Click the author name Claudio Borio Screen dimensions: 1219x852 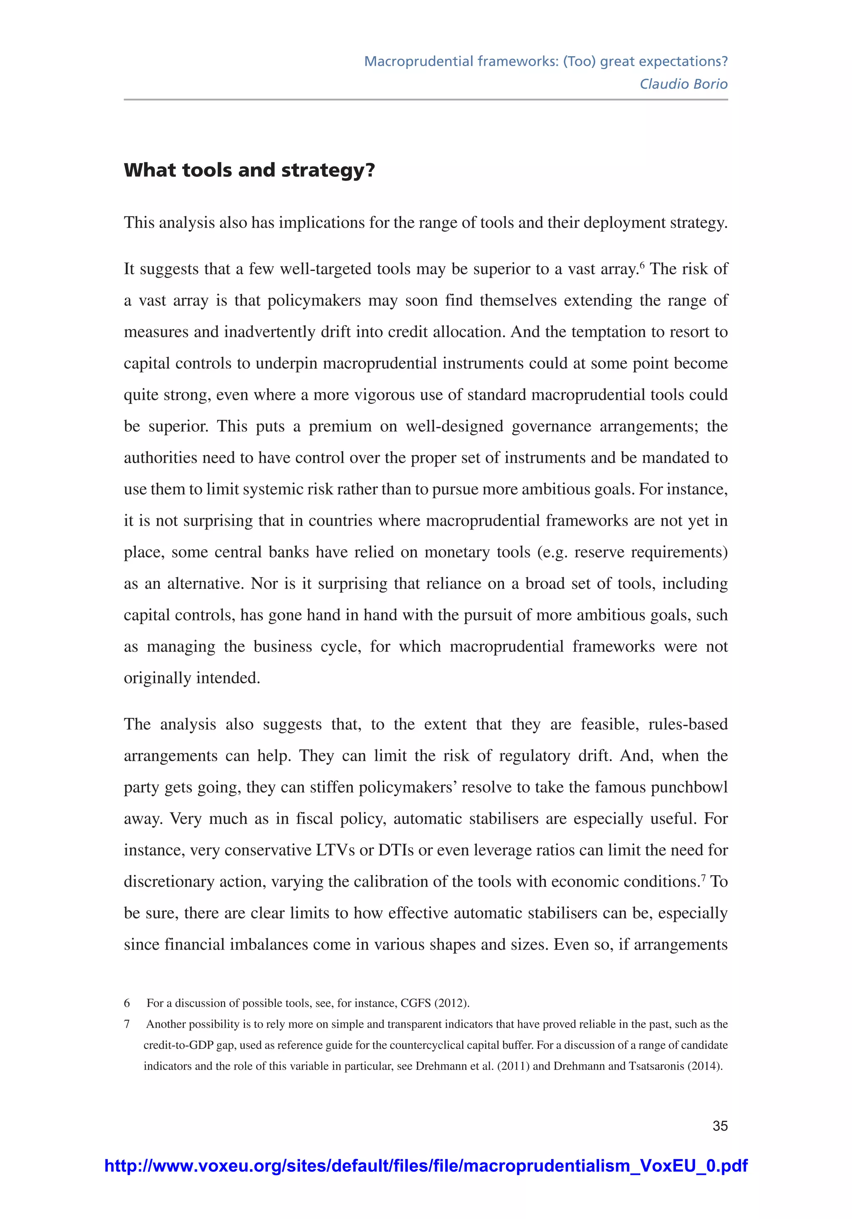pyautogui.click(x=683, y=84)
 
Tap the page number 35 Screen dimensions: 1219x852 pyautogui.click(x=720, y=1125)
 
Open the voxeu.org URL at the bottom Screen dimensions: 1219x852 pyautogui.click(x=426, y=1166)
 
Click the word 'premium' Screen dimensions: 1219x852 pyautogui.click(x=340, y=426)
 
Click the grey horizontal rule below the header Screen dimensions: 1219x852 pyautogui.click(x=426, y=99)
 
